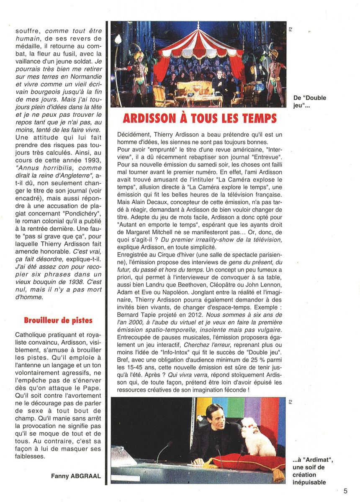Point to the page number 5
(345, 491)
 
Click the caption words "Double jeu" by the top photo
(312, 102)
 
